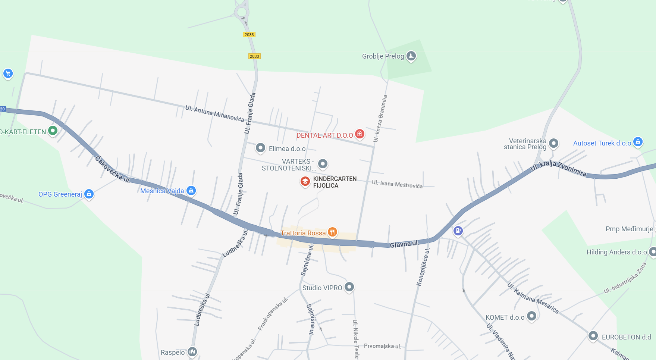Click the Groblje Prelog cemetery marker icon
411,56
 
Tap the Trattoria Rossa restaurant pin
332,232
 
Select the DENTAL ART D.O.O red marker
360,134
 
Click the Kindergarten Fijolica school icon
305,182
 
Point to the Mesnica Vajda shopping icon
191,191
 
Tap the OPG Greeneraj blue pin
89,194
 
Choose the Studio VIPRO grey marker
349,287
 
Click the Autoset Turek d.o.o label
602,143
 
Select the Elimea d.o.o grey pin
260,148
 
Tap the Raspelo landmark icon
192,351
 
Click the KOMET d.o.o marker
531,316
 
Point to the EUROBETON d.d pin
593,336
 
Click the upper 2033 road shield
249,35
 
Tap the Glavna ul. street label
404,244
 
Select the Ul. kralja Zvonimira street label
558,168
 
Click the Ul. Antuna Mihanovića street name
215,114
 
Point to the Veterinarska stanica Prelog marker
554,143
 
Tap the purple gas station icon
458,231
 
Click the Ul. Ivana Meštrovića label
397,184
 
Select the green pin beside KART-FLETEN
53,131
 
